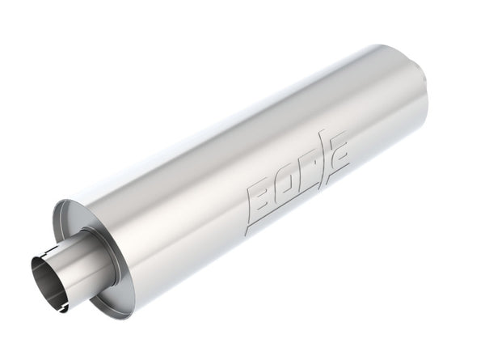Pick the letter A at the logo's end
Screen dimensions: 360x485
[339, 154]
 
